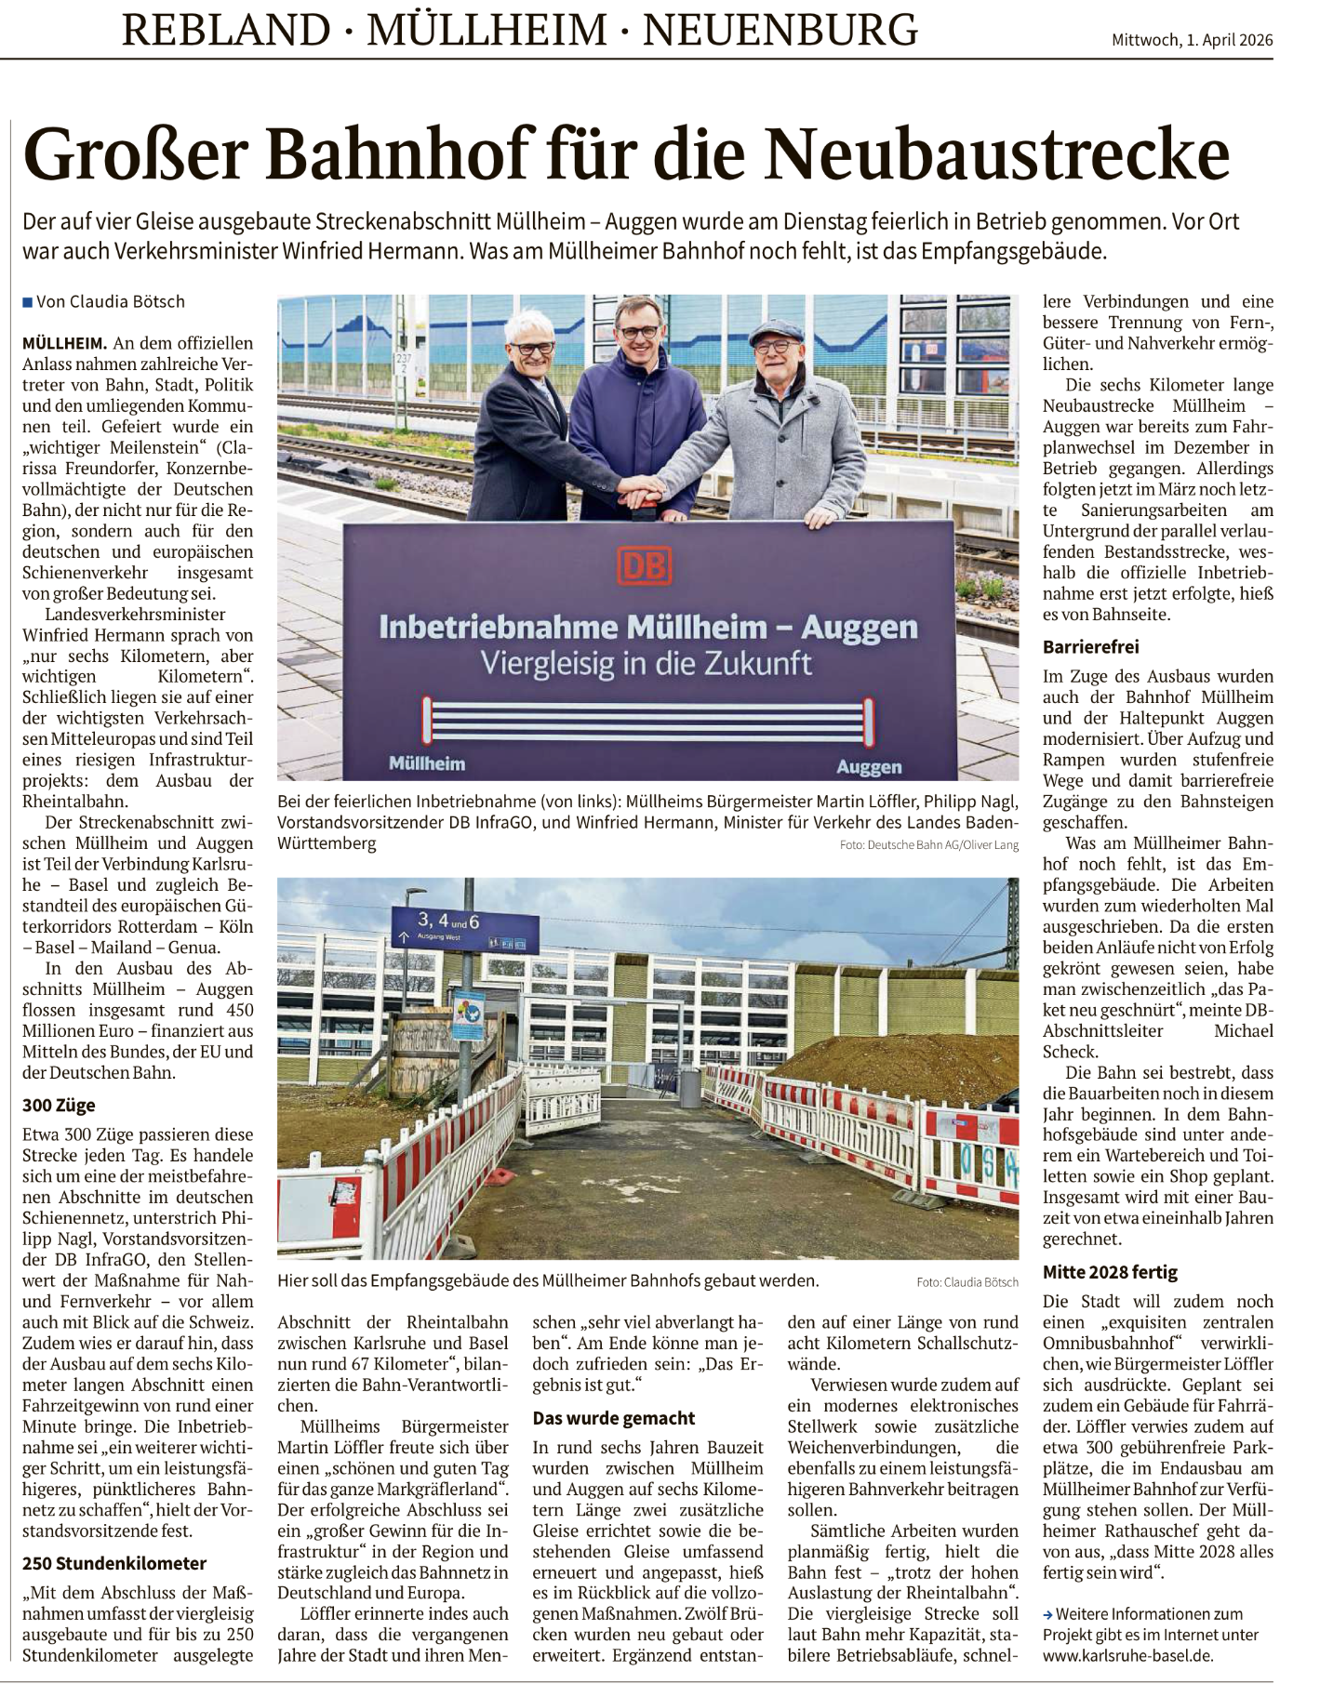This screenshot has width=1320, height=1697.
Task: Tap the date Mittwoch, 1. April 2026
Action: pyautogui.click(x=1192, y=40)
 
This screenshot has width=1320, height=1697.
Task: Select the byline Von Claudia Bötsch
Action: pyautogui.click(x=110, y=302)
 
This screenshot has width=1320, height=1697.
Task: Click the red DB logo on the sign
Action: pyautogui.click(x=644, y=566)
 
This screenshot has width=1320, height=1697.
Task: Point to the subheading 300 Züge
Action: pyautogui.click(x=59, y=1106)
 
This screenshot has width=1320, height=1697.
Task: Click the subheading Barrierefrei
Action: pyautogui.click(x=1090, y=647)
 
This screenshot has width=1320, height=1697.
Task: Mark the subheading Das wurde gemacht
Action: pyautogui.click(x=614, y=1418)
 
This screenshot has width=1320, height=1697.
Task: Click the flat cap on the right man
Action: pyautogui.click(x=779, y=330)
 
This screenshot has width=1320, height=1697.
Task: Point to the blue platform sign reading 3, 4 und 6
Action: pyautogui.click(x=464, y=927)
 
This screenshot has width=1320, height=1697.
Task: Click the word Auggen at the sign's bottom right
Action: pyautogui.click(x=869, y=767)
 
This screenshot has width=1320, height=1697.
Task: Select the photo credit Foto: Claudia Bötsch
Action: pyautogui.click(x=967, y=1282)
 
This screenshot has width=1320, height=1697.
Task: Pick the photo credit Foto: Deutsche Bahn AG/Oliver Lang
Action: pyautogui.click(x=928, y=845)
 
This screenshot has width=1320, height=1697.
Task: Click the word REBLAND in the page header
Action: pyautogui.click(x=226, y=30)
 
